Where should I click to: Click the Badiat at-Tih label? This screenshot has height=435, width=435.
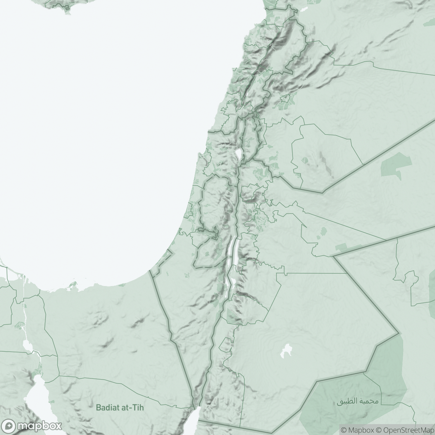tap(120, 407)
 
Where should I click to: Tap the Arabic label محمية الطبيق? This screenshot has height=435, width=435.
tap(357, 402)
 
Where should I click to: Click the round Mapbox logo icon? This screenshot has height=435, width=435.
tap(10, 426)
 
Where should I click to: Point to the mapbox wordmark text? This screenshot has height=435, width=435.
tap(40, 426)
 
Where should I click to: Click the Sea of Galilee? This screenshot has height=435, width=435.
tap(239, 154)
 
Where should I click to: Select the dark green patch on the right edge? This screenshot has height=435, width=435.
tap(432, 290)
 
